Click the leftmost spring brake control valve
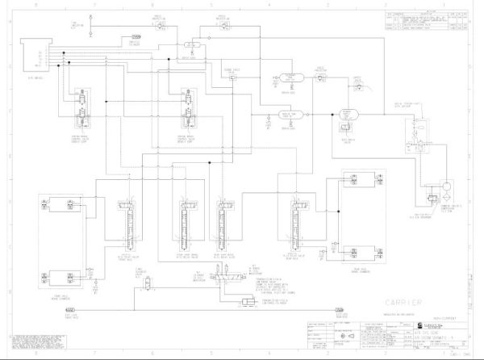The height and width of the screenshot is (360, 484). point(82,108)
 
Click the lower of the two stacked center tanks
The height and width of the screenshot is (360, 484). point(288,115)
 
